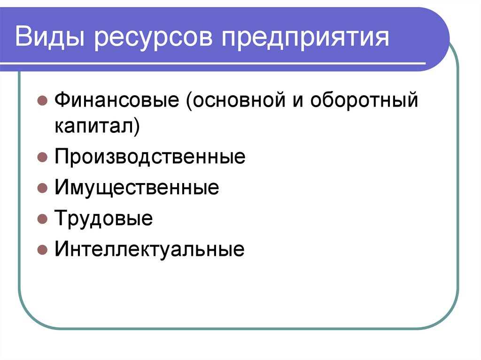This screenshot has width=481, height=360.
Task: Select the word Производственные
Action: tap(150, 157)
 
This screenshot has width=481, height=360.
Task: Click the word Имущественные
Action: tap(137, 188)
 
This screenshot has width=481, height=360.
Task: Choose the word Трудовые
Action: tap(103, 219)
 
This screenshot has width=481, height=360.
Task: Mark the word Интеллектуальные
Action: tap(149, 249)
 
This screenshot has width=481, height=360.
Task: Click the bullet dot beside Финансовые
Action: tap(42, 101)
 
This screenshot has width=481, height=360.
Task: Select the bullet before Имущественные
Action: tap(42, 189)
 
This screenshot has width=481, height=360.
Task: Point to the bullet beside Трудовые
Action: tap(42, 219)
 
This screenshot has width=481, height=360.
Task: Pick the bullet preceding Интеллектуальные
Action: tap(42, 250)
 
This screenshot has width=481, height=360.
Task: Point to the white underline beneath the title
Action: tap(221, 63)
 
